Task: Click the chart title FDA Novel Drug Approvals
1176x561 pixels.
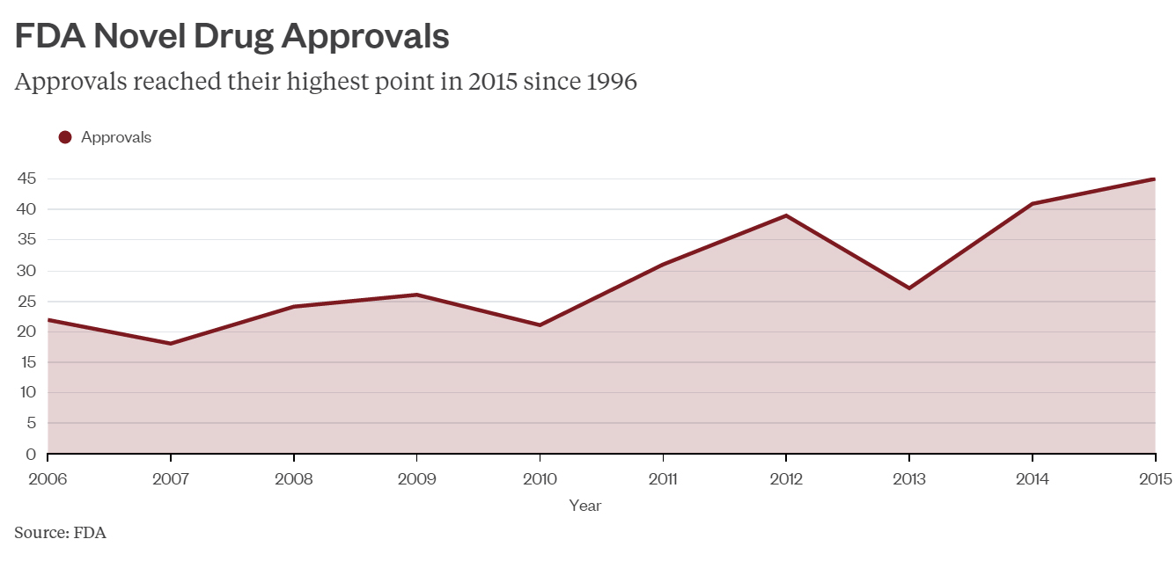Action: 232,37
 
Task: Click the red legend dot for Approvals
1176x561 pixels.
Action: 64,137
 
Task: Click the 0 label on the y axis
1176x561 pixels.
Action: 31,455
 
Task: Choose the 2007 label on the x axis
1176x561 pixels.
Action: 170,479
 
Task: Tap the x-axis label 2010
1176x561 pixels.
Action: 540,479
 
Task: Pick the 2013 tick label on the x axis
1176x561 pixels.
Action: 909,479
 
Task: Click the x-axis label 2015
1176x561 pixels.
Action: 1155,479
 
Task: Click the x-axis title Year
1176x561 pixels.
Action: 585,506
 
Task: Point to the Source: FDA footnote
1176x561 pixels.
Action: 60,533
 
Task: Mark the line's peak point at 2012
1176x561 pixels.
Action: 786,215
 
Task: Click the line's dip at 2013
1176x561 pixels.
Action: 909,288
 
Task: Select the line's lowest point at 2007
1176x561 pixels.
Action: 170,344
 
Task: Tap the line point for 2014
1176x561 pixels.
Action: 1032,203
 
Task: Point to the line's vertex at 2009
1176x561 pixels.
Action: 416,295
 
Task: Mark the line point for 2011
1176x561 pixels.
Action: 663,264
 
